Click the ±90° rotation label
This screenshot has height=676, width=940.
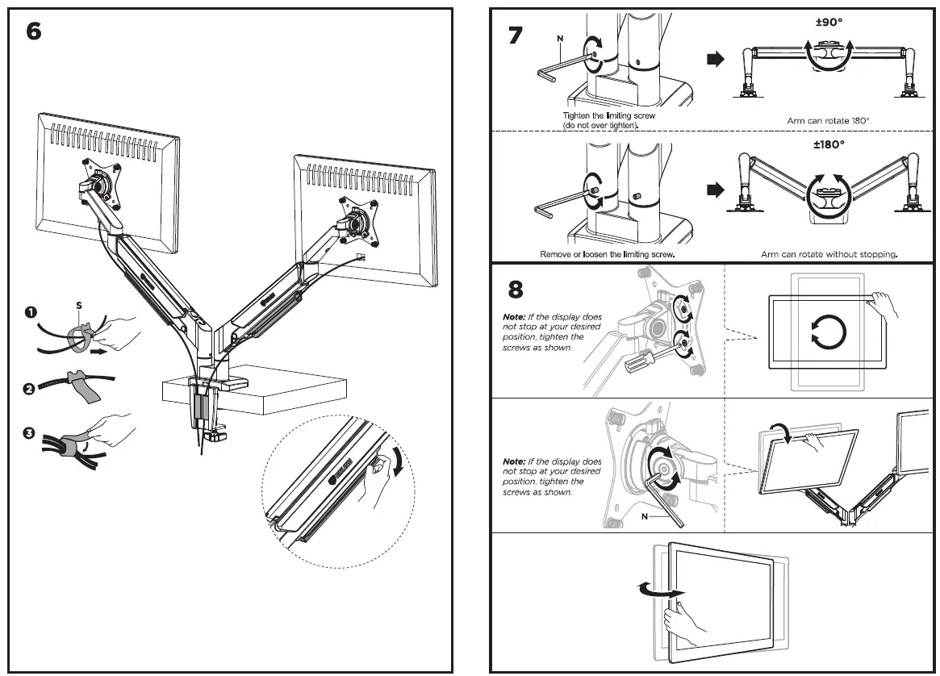pos(829,23)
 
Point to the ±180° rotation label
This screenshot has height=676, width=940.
pos(829,144)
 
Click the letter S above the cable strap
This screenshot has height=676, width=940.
pos(78,306)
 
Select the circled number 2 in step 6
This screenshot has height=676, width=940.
pos(30,389)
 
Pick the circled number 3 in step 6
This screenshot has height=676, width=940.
pos(30,434)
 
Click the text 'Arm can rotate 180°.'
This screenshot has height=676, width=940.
pos(829,120)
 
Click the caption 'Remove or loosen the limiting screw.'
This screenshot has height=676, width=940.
pos(607,254)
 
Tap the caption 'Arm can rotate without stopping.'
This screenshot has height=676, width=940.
pos(829,254)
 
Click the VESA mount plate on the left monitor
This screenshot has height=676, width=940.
pos(101,182)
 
